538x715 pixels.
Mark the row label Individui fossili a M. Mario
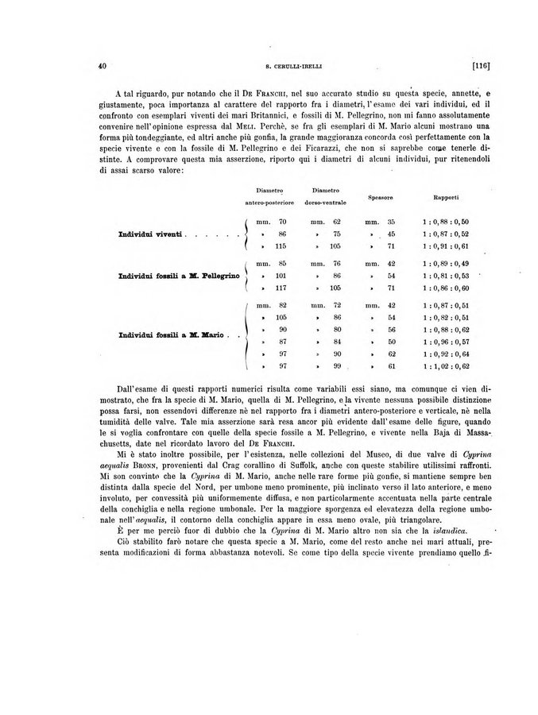coord(168,335)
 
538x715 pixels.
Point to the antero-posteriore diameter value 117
coord(281,288)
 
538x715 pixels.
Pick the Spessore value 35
coord(391,221)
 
